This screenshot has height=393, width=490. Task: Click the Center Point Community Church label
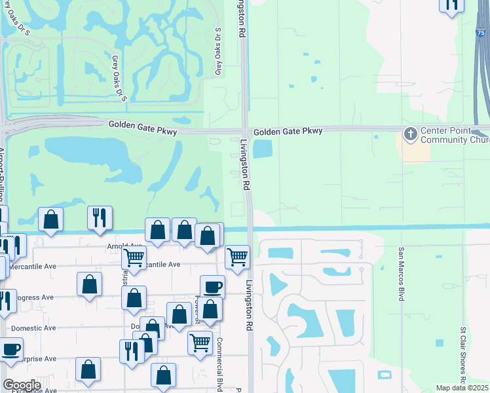point(453,134)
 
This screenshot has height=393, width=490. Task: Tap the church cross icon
point(410,134)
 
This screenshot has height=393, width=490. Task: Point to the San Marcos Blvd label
point(401,274)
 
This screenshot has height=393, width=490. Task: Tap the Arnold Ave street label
point(124,246)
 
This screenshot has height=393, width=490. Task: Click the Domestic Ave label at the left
point(31,327)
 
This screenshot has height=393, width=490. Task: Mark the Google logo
point(22,385)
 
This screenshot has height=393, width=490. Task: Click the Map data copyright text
point(461,388)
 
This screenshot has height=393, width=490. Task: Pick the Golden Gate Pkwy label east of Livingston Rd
point(288,132)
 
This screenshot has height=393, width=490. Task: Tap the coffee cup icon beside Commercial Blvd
point(212,286)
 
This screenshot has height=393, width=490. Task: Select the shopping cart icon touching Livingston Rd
point(236,255)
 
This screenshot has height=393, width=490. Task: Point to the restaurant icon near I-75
point(451,4)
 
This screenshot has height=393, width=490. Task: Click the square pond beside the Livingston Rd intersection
point(262,149)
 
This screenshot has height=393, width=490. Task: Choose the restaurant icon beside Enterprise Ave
point(132,350)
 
